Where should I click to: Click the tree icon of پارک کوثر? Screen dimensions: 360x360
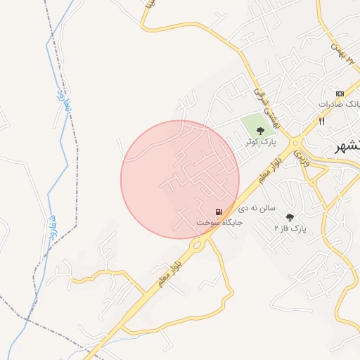coord(261,130)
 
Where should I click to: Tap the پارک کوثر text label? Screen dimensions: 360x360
coord(261,142)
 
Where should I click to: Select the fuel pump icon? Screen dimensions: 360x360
coord(219,212)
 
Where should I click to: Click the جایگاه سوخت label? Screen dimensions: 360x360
coord(219,222)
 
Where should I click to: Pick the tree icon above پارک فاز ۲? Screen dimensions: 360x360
coord(290,217)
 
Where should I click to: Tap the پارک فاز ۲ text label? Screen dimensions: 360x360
coord(290,229)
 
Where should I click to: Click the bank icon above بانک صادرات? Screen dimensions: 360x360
coord(340,94)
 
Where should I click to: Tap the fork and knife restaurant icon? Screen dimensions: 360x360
coord(321,120)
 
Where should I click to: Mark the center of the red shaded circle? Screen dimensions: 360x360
coord(180,179)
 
